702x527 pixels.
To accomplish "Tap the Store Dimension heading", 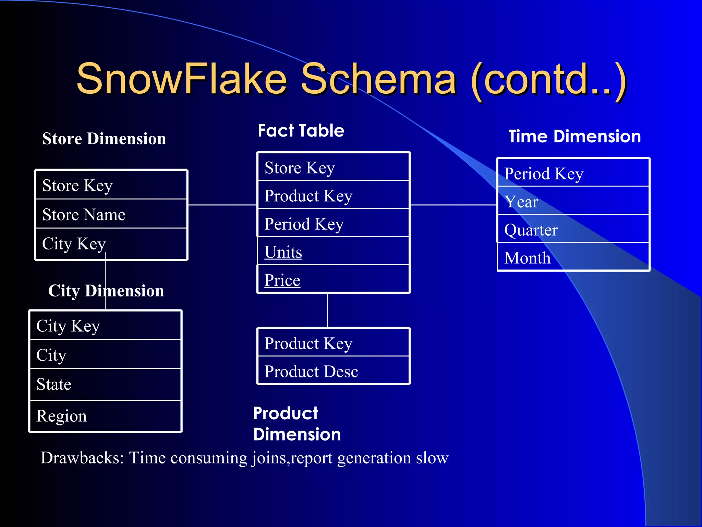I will (104, 139).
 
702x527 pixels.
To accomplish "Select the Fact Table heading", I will (301, 131).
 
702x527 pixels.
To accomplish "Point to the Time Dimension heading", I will (574, 137).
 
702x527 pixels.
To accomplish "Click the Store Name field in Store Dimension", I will (84, 215).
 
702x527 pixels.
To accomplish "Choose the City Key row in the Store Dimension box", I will (74, 244).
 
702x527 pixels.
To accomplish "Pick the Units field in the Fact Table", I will (283, 252).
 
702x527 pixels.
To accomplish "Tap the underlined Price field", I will (282, 280).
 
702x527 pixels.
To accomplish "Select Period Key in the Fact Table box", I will (304, 224).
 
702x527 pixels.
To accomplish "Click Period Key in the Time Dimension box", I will (544, 174).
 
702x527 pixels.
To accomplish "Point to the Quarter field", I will (531, 230).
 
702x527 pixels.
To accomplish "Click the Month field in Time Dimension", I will (527, 258).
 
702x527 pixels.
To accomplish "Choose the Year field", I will (521, 202).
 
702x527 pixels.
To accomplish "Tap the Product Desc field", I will (311, 372).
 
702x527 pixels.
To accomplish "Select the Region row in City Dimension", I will (62, 416).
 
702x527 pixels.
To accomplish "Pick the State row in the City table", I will (54, 384).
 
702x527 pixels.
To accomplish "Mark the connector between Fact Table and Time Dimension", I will (453, 205).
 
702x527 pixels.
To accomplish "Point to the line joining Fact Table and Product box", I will (328, 310).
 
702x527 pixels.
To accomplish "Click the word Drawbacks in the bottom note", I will (82, 458).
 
